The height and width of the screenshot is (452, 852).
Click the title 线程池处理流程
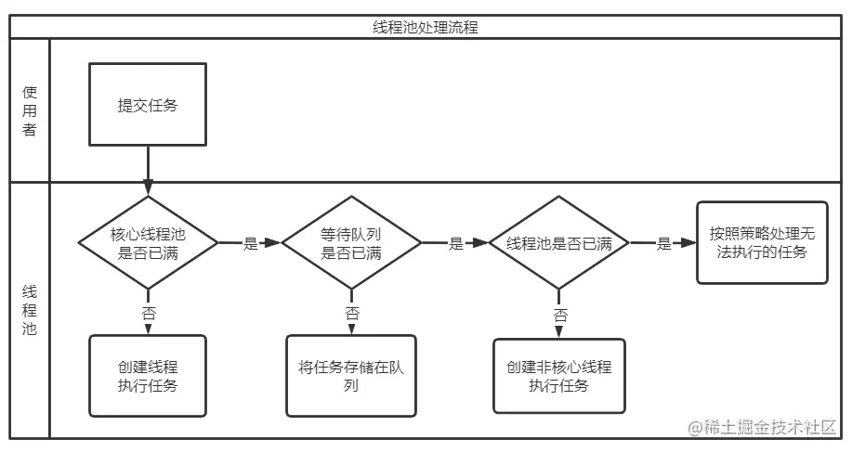426,27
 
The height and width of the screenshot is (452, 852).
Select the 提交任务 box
148,104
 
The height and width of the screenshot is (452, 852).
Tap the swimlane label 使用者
30,110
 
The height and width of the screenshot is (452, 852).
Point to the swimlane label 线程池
30,310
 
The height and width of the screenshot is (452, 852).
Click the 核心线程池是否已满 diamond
149,242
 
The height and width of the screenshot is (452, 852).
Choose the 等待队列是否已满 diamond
351,242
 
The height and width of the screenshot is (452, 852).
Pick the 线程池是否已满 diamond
559,242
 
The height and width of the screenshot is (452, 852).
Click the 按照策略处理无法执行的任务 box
763,242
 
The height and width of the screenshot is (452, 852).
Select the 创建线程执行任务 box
148,376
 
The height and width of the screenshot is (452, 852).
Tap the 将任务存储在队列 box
351,376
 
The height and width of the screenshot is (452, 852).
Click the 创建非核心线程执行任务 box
559,376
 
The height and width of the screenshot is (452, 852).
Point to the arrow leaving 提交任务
148,171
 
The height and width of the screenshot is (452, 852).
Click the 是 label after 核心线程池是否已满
251,243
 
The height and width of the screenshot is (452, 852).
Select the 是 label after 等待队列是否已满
456,243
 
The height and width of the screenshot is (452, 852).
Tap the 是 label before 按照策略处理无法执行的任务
664,243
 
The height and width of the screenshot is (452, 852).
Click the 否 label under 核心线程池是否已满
149,313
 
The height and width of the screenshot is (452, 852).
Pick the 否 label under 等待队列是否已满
352,313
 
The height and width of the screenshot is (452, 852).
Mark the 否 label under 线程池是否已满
560,315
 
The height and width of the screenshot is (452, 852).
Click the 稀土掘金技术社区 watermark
763,428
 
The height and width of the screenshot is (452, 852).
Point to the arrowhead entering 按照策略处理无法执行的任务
689,242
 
